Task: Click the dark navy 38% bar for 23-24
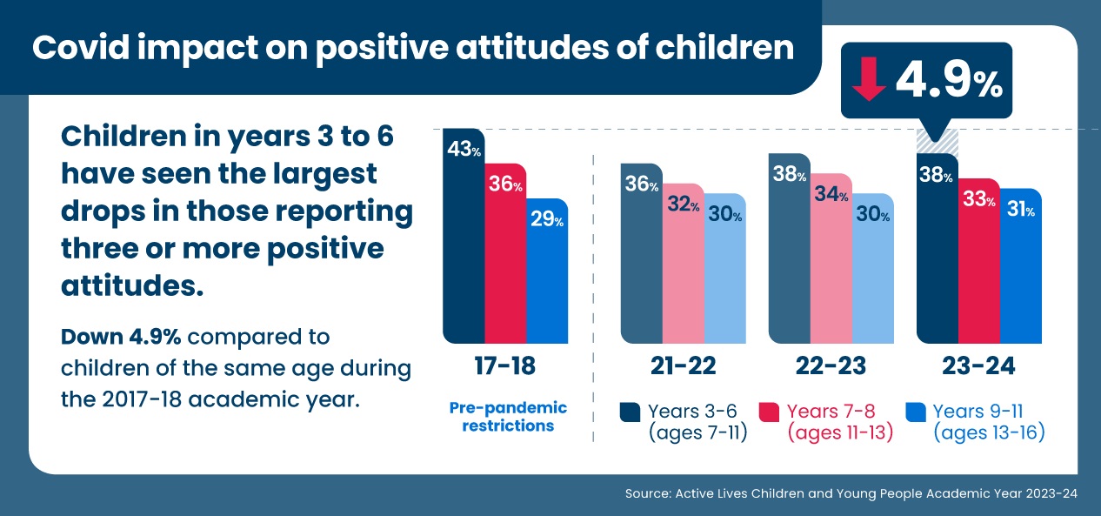[x=937, y=252]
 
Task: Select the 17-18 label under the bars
[x=505, y=366]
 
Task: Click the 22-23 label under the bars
[x=831, y=366]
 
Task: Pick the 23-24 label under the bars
[x=978, y=366]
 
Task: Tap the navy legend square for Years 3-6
[x=630, y=412]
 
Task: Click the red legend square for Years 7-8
[x=769, y=412]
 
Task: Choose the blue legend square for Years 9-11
[x=915, y=412]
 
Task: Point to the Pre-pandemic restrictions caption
[x=508, y=417]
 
